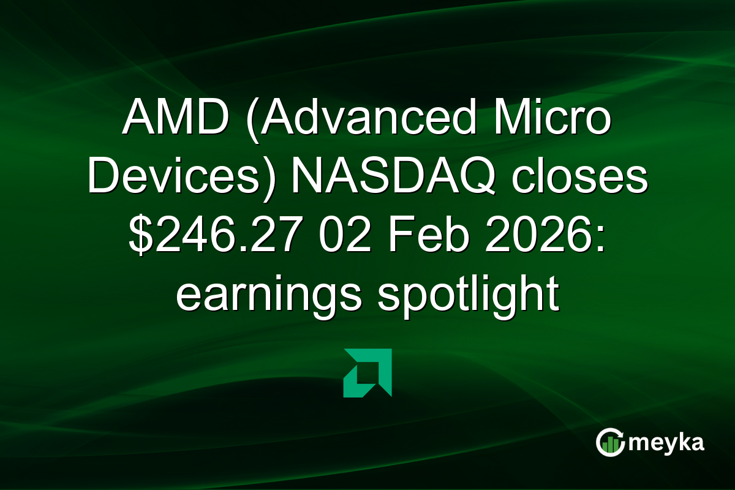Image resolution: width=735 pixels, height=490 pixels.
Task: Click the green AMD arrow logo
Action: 367,372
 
